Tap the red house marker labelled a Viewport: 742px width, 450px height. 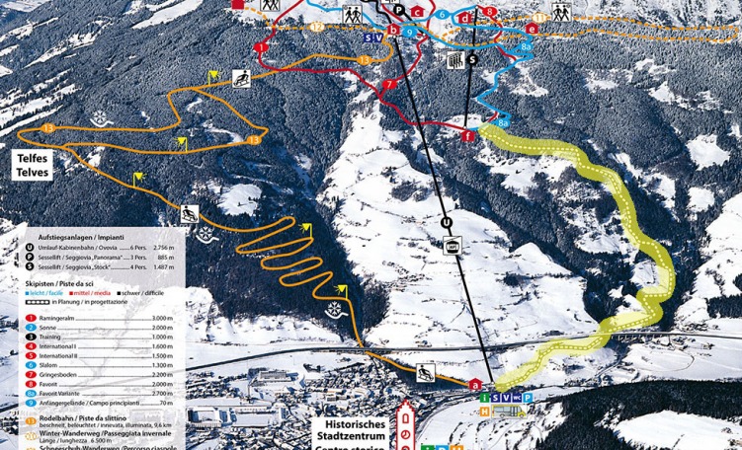(x=476, y=384)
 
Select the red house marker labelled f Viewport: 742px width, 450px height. (x=466, y=135)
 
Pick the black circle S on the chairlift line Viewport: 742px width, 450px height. (x=472, y=59)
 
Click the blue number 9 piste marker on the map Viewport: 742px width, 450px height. (x=408, y=33)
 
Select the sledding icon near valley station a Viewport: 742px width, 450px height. (x=426, y=372)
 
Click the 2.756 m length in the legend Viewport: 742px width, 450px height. (x=165, y=248)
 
